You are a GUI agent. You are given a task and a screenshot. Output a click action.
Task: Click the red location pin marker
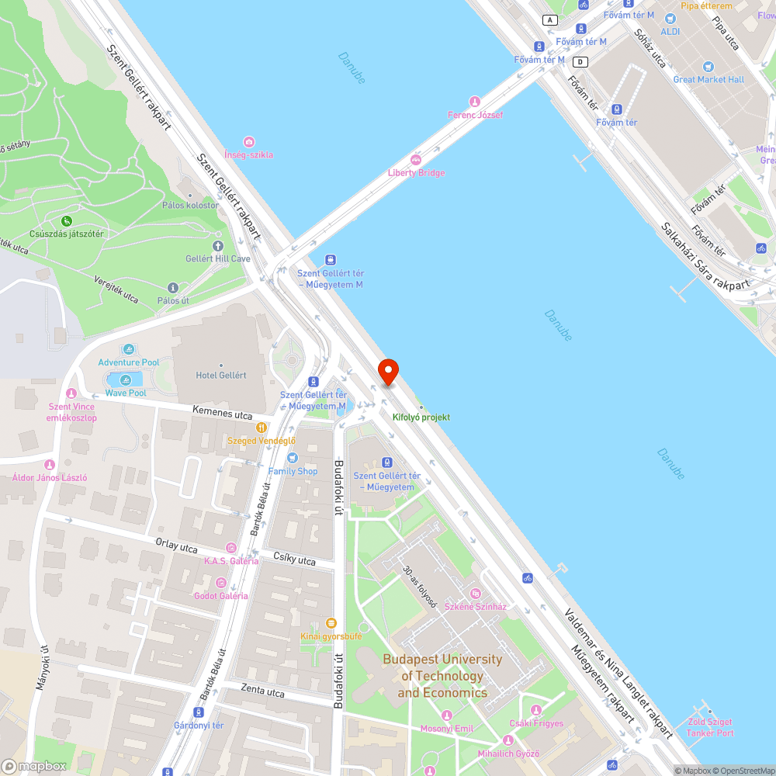(x=386, y=371)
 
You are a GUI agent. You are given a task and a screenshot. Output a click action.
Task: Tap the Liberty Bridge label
(x=416, y=172)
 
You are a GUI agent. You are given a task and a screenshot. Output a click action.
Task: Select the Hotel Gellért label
(x=221, y=376)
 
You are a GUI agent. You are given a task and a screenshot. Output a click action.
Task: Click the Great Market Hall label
(x=708, y=79)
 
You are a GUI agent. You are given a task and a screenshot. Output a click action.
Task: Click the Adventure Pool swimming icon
(x=129, y=349)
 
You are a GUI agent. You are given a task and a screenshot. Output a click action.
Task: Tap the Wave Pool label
(x=126, y=393)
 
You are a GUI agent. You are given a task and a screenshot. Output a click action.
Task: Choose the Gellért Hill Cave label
(x=218, y=258)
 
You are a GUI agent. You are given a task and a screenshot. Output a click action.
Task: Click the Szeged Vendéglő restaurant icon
(x=262, y=427)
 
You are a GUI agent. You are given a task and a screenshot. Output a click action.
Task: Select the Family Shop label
(x=293, y=471)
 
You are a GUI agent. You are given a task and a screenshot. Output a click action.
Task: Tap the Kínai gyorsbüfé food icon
(x=331, y=623)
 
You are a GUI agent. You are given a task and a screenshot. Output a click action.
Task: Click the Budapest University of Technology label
(x=442, y=676)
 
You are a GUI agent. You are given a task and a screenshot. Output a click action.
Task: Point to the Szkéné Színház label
(x=475, y=607)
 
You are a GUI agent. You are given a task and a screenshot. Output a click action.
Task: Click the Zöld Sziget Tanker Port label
(x=709, y=727)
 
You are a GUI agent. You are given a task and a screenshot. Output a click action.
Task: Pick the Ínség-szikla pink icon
(x=248, y=142)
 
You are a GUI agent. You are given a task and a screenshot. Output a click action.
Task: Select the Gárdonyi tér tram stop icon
(x=199, y=712)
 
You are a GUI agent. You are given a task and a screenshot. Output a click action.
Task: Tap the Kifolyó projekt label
(x=421, y=417)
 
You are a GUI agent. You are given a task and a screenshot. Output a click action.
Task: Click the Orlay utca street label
(x=176, y=546)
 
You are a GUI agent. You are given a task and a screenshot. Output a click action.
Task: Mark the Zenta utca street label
(x=262, y=691)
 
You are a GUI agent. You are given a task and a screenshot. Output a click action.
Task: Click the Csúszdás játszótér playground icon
(x=66, y=221)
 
